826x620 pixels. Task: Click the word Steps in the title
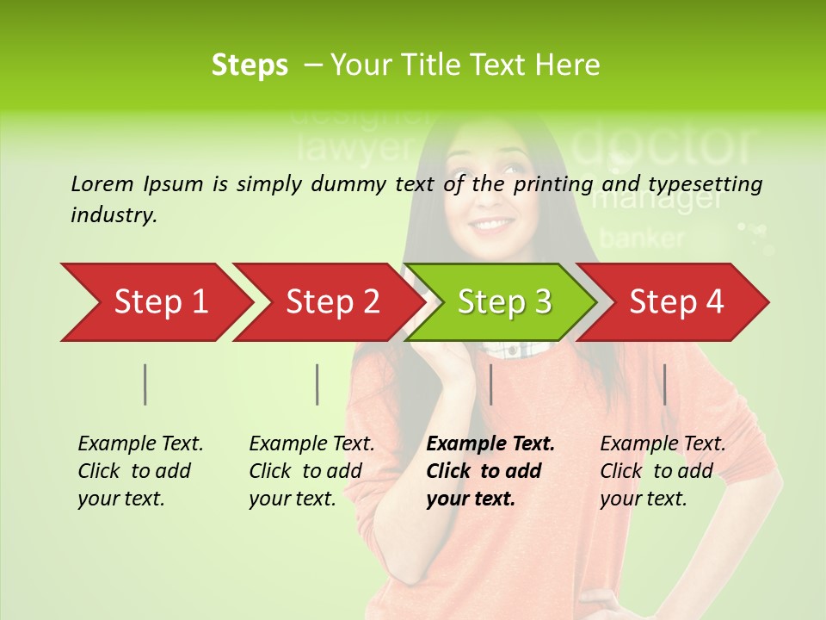(250, 65)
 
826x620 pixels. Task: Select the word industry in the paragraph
(113, 214)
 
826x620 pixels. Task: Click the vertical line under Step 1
(145, 384)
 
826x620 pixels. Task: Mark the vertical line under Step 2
(317, 384)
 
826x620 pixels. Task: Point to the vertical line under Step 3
(490, 384)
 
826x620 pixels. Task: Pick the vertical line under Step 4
(664, 384)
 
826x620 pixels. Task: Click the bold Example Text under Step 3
(490, 444)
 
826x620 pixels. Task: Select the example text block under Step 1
(140, 471)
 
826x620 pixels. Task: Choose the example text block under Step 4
(663, 471)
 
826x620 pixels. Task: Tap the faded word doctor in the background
(663, 146)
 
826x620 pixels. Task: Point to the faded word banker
(642, 238)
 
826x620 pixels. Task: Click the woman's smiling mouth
(492, 226)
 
